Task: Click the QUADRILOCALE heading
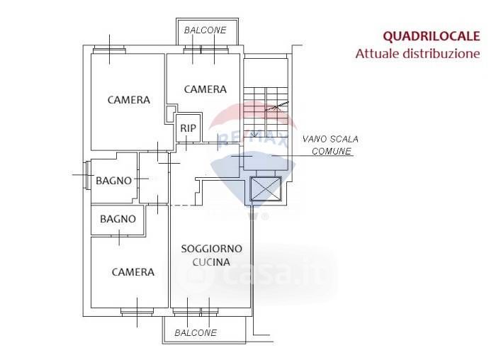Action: pos(431,36)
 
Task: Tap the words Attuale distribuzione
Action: pos(417,54)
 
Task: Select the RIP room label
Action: pos(188,128)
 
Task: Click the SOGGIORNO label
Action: pos(211,249)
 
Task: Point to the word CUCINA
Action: pos(211,262)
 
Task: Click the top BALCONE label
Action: pos(205,30)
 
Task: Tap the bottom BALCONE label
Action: pos(196,333)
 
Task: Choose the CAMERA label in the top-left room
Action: pos(128,100)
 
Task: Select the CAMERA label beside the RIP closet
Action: pos(205,89)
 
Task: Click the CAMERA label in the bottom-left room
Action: pos(133,272)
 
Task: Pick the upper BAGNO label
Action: pos(113,181)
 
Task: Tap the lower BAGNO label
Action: pos(118,219)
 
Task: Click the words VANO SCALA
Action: pos(325,140)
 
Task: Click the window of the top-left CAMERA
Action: pos(109,50)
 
